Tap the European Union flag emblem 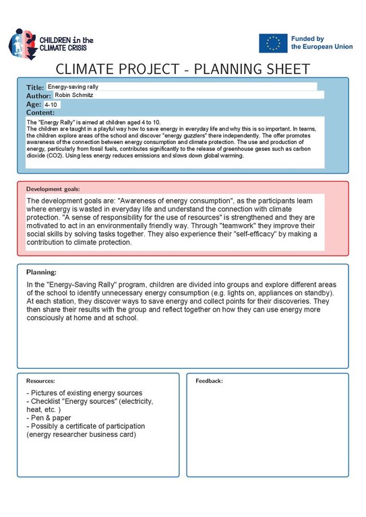[272, 43]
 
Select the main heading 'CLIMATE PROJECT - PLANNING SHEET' [183, 69]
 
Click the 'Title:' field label [35, 88]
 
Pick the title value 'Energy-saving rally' [73, 87]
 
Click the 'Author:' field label [38, 96]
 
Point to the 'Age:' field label [34, 105]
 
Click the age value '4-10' [52, 105]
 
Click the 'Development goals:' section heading [53, 189]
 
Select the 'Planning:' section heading [41, 272]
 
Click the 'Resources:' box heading [40, 381]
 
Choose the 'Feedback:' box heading [209, 381]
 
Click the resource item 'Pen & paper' [49, 418]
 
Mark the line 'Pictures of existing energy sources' [84, 393]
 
